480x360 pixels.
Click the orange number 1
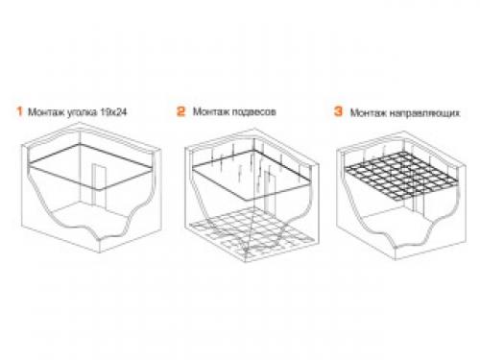coord(20,111)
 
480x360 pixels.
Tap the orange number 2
coord(181,111)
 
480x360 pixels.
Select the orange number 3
coord(338,111)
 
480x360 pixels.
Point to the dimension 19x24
coord(113,112)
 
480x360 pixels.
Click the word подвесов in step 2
coord(253,112)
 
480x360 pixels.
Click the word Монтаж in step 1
coord(46,112)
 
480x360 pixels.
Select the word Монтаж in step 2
coord(211,111)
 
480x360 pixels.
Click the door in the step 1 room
coord(98,185)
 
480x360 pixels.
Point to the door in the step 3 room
coord(419,204)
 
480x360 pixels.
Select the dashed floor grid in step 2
coord(251,233)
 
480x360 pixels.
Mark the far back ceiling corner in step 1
coord(80,144)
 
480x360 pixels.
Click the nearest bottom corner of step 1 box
coord(100,252)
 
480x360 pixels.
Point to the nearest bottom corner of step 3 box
coord(396,259)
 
